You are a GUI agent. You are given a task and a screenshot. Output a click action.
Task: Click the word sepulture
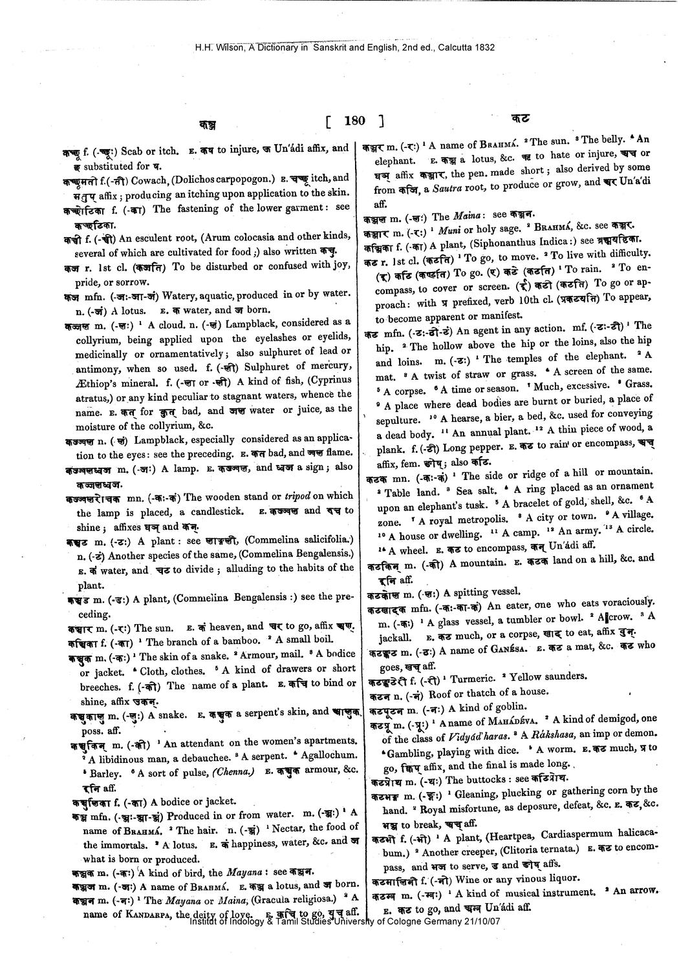(397, 421)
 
